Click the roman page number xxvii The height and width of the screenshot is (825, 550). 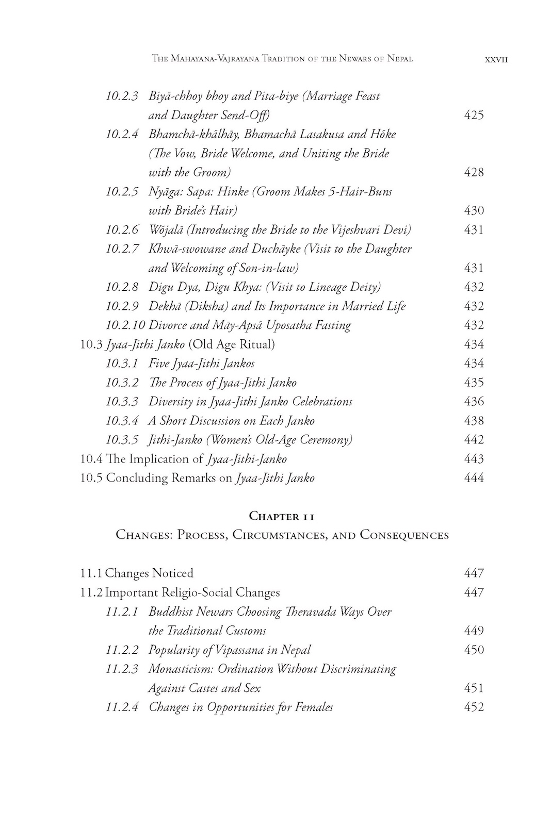click(497, 59)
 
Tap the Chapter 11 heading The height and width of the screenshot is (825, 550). click(282, 516)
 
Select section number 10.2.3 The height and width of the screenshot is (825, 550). click(122, 96)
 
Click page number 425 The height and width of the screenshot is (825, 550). click(474, 115)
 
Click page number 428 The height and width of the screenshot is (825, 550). click(474, 172)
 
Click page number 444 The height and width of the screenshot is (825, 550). click(474, 478)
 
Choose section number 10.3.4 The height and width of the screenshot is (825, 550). click(122, 421)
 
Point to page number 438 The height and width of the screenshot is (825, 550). click(474, 421)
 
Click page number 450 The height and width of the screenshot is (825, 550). click(474, 650)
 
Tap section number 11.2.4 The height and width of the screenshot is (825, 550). click(122, 707)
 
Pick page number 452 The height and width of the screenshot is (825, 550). click(474, 707)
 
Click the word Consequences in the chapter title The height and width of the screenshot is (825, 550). click(404, 535)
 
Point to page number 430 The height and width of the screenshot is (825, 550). click(474, 210)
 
